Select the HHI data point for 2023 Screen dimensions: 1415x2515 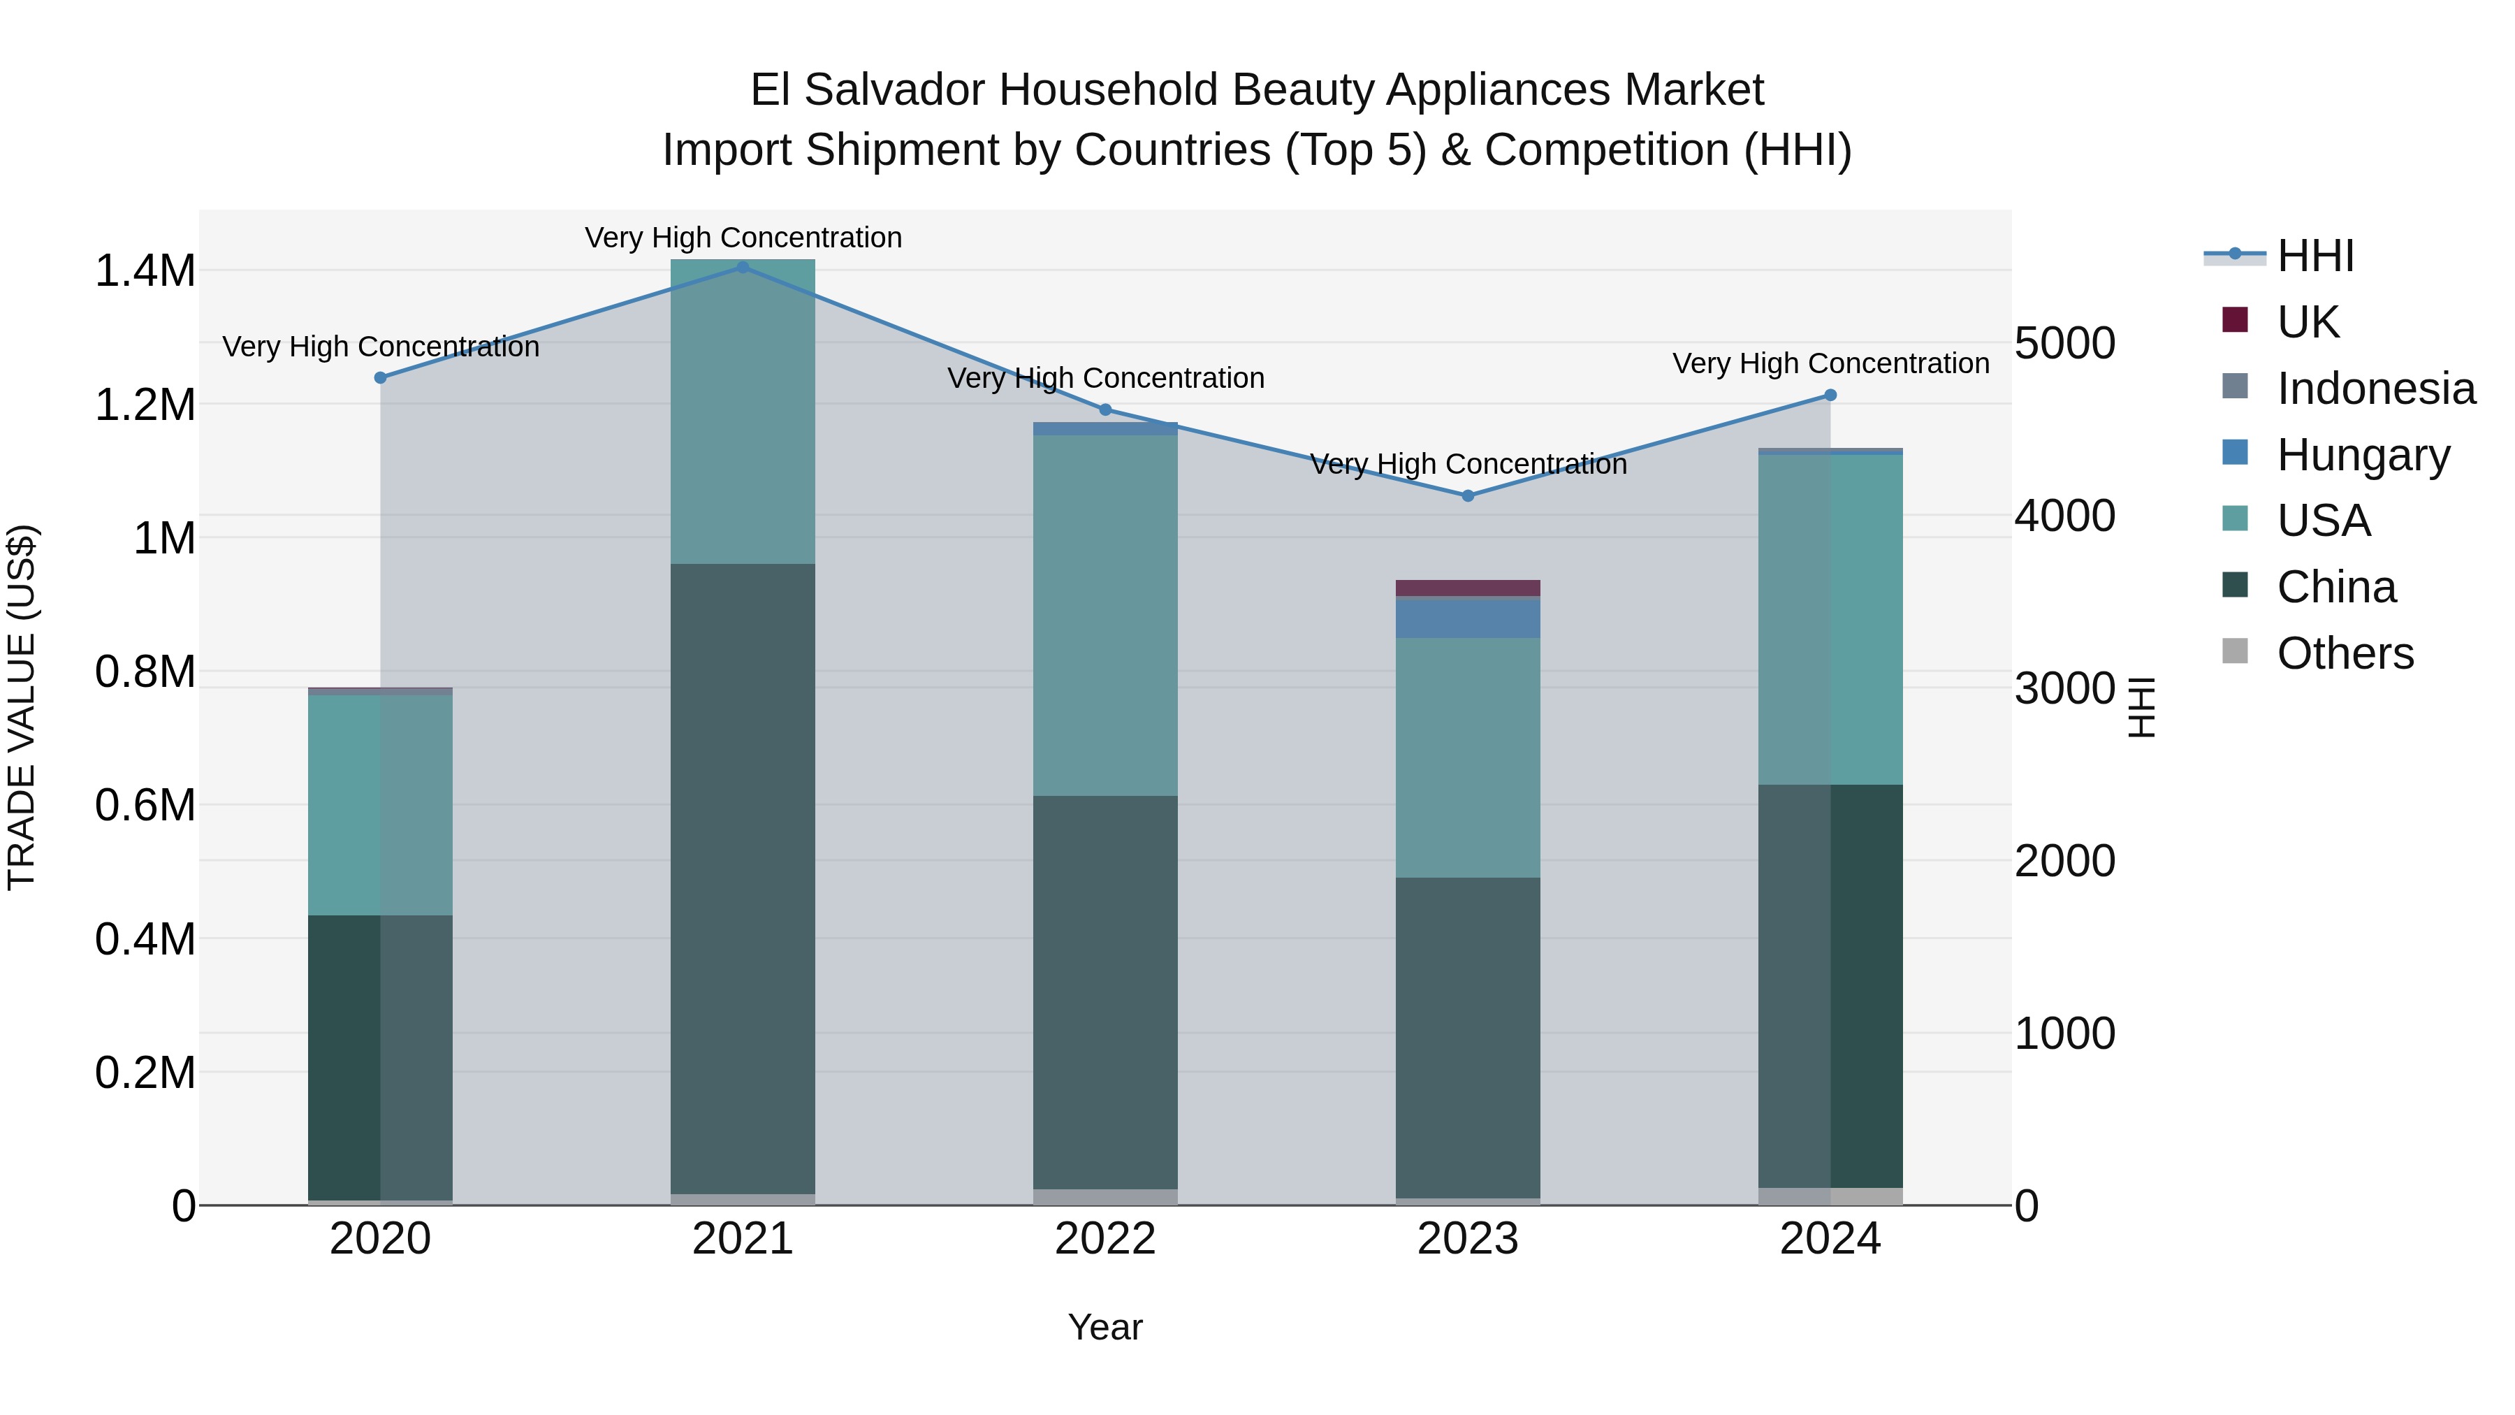point(1467,496)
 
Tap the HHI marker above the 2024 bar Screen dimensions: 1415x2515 point(1830,396)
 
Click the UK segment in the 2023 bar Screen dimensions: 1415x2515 point(1467,588)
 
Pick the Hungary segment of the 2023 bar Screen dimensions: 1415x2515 point(1467,617)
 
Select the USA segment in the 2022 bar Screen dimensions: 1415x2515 point(1105,615)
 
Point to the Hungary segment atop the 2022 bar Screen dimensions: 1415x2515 point(1105,429)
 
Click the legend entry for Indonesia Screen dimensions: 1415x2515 point(2375,389)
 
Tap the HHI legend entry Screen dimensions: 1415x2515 point(2315,256)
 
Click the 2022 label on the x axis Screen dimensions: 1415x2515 point(1105,1239)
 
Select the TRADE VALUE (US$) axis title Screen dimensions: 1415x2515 point(22,707)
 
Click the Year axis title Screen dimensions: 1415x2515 point(1105,1327)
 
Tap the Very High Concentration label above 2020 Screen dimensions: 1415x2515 point(381,347)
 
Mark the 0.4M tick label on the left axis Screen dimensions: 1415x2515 point(145,939)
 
